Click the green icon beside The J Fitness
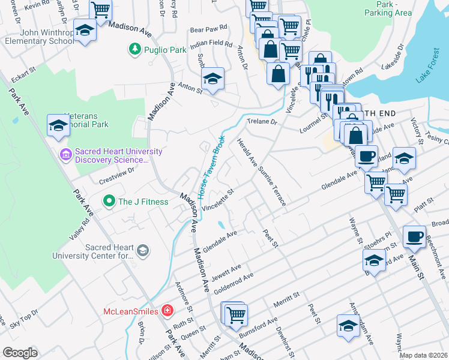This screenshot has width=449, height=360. coord(109,201)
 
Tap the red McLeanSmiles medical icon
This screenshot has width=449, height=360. coord(167,311)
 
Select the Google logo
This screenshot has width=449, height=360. coord(20,352)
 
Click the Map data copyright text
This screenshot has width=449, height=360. coord(423,355)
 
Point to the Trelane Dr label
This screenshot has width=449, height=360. coord(264,122)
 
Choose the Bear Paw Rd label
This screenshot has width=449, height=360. coord(208,28)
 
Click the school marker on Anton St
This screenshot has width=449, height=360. coord(212,79)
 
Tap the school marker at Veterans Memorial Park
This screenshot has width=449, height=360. coord(58,125)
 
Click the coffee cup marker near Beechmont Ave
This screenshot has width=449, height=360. coord(414,237)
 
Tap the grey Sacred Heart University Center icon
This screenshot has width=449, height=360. coord(142,250)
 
